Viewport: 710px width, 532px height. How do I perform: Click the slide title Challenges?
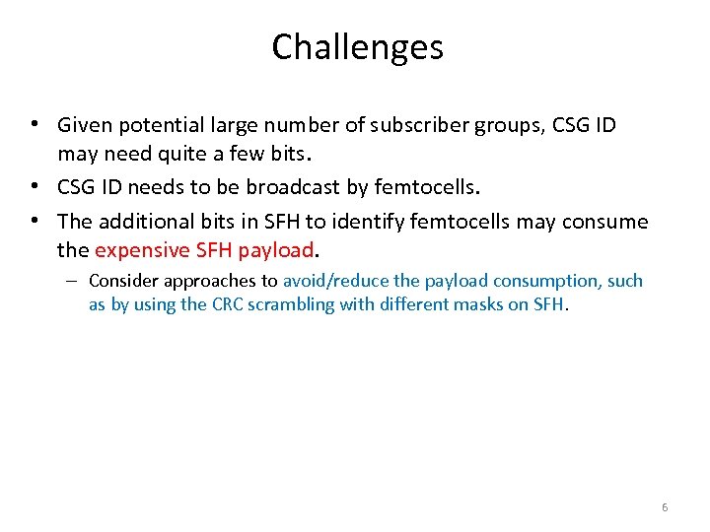[357, 46]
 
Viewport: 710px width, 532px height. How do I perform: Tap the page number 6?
[664, 507]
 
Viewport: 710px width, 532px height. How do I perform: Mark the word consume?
[608, 222]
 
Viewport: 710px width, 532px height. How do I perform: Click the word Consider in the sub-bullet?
[123, 281]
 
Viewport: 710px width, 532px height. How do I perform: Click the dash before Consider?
[74, 281]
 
